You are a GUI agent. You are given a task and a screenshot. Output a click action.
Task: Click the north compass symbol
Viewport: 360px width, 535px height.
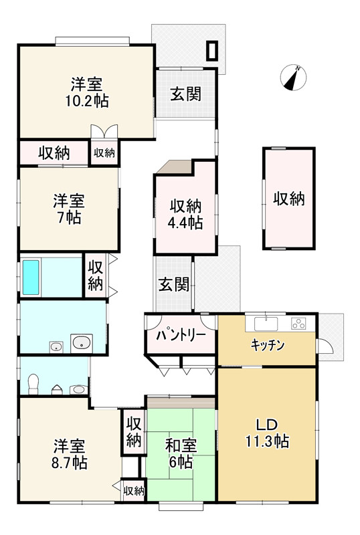pos(292,77)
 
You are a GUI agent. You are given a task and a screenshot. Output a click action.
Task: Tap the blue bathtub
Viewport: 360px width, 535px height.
pos(32,277)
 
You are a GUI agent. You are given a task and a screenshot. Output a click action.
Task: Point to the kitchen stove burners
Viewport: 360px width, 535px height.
pos(298,324)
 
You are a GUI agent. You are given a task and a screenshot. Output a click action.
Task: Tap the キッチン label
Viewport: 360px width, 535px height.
pos(268,345)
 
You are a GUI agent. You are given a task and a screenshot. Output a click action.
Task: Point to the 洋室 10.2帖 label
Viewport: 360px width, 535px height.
pos(87,93)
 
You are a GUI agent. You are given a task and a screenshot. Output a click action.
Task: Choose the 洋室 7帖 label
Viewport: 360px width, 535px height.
pos(69,209)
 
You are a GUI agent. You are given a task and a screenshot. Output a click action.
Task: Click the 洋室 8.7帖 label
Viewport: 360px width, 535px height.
pos(69,453)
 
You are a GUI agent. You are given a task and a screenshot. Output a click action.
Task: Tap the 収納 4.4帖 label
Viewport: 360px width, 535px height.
pos(185,213)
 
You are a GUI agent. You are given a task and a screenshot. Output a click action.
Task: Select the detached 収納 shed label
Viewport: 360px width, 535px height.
pos(289,199)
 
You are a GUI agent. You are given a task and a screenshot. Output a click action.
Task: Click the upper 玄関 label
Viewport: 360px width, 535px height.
pos(185,94)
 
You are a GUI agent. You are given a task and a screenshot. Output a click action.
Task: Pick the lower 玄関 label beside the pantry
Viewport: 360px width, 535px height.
pos(173,285)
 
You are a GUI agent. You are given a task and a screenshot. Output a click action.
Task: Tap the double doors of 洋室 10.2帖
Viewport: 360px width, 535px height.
pos(104,132)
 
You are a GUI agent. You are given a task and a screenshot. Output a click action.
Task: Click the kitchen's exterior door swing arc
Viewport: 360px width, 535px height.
pos(327,348)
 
